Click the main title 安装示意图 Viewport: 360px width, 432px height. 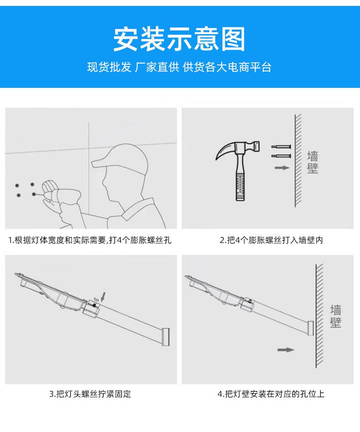coord(179,39)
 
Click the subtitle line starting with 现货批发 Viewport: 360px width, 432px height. coord(179,67)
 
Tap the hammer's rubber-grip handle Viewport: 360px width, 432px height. coord(240,185)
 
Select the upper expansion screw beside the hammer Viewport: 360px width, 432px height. coord(281,147)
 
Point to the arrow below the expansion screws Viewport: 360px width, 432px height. coord(282,168)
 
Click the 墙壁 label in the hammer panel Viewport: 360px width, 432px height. coord(313,162)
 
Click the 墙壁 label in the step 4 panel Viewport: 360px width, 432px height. coord(336,316)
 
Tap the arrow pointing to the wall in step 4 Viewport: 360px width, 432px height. coord(286,350)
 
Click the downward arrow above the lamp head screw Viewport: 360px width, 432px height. coord(103,297)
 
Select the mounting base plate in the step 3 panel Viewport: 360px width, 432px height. coord(165,337)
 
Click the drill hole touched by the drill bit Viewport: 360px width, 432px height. coord(34,194)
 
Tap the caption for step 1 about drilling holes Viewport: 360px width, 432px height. coord(90,240)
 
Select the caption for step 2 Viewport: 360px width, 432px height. coord(271,240)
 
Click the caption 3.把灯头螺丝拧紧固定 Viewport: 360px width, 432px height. coord(90,394)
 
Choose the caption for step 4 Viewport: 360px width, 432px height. coord(271,394)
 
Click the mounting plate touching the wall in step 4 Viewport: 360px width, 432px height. coord(310,328)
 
